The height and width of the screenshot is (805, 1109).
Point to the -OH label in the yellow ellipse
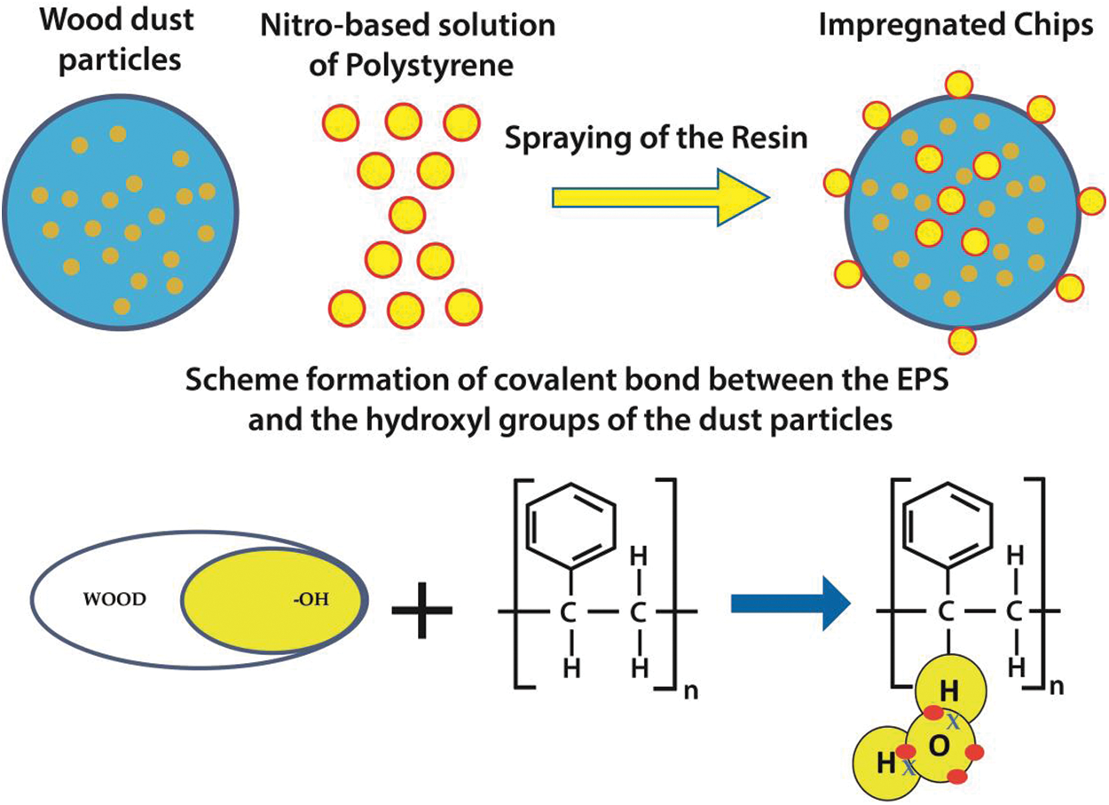coord(307,600)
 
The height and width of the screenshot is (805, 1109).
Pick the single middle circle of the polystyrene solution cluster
coord(407,214)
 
